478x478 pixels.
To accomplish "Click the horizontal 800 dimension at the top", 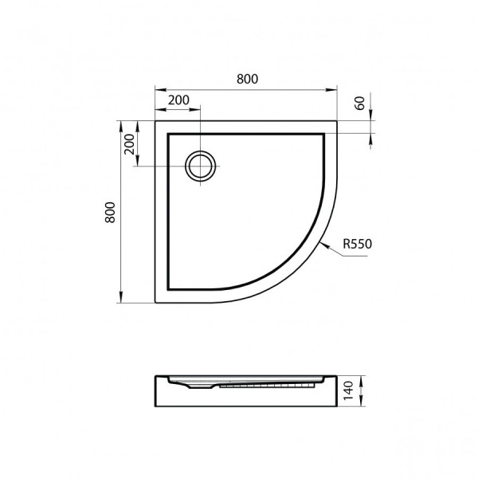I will pyautogui.click(x=247, y=79).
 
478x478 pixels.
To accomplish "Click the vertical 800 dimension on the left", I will pyautogui.click(x=111, y=212).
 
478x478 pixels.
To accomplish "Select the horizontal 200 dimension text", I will pyautogui.click(x=178, y=100).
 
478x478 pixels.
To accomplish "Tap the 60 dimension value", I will pyautogui.click(x=359, y=102).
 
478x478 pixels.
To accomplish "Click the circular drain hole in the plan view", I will pyautogui.click(x=200, y=166).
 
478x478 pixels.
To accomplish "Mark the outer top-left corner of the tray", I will pyautogui.click(x=155, y=121).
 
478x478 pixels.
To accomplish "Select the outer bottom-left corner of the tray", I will pyautogui.click(x=155, y=303).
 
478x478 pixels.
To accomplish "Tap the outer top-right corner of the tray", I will pyautogui.click(x=337, y=121).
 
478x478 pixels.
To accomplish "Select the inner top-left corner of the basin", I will pyautogui.click(x=168, y=134).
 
